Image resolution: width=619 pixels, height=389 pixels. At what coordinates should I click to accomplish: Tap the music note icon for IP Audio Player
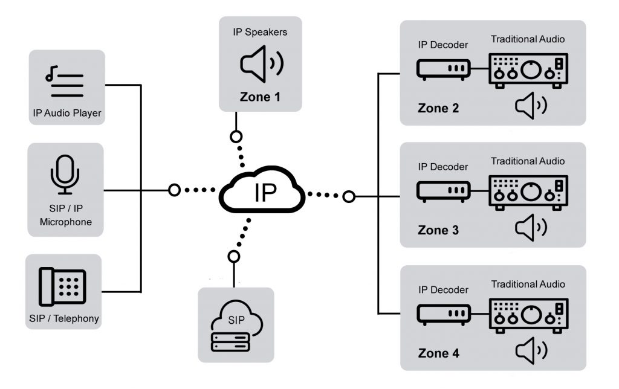(x=64, y=83)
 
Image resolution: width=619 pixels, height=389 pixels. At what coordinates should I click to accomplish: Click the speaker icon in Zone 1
(x=261, y=64)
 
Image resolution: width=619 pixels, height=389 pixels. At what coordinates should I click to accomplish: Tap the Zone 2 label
(x=438, y=109)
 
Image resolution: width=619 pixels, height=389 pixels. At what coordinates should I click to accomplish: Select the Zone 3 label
(x=438, y=230)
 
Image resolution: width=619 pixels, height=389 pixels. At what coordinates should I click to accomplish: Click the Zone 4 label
(x=438, y=353)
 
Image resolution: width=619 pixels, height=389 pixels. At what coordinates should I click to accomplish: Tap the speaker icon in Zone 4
(x=531, y=351)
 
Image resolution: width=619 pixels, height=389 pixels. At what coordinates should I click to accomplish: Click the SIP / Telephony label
(x=63, y=318)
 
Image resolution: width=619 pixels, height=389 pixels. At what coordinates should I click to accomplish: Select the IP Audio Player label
(x=66, y=113)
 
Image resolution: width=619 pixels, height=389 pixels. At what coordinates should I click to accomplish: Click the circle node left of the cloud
(x=174, y=190)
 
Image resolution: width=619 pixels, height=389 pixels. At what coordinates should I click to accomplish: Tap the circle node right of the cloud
(x=348, y=196)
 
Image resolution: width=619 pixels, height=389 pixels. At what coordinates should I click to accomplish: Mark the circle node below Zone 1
(x=236, y=136)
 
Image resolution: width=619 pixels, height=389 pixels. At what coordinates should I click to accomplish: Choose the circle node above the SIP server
(x=234, y=257)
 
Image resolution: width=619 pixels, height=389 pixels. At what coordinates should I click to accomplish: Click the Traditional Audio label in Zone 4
(x=528, y=284)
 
